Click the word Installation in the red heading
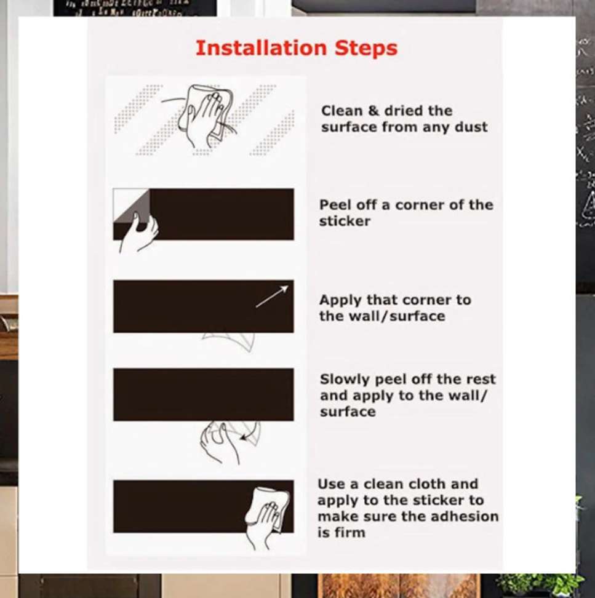pyautogui.click(x=261, y=48)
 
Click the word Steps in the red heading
pyautogui.click(x=366, y=48)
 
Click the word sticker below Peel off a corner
pyautogui.click(x=345, y=221)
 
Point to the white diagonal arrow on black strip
pyautogui.click(x=271, y=297)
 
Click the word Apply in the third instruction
pyautogui.click(x=340, y=300)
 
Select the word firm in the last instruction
pyautogui.click(x=350, y=533)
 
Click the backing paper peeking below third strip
pyautogui.click(x=231, y=340)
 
